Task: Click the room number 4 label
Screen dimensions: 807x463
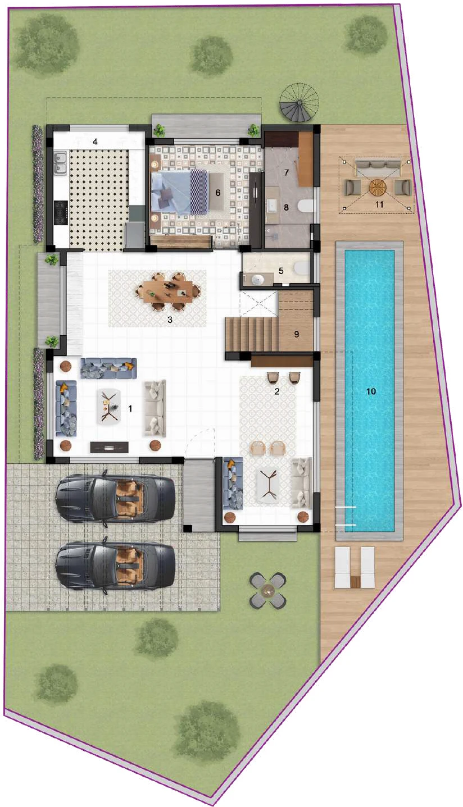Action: click(x=96, y=142)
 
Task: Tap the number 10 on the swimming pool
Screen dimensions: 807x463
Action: click(x=370, y=391)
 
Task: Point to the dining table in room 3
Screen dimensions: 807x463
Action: click(x=167, y=290)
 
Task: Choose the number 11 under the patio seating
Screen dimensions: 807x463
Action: click(x=379, y=204)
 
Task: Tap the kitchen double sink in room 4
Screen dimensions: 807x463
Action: click(x=60, y=162)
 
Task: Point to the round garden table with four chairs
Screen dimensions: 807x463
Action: click(x=268, y=590)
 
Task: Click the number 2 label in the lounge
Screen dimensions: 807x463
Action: click(x=277, y=391)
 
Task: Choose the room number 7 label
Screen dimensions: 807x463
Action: click(x=286, y=172)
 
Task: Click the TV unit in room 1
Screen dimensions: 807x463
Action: click(x=110, y=447)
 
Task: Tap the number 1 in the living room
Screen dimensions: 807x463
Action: click(x=130, y=409)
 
